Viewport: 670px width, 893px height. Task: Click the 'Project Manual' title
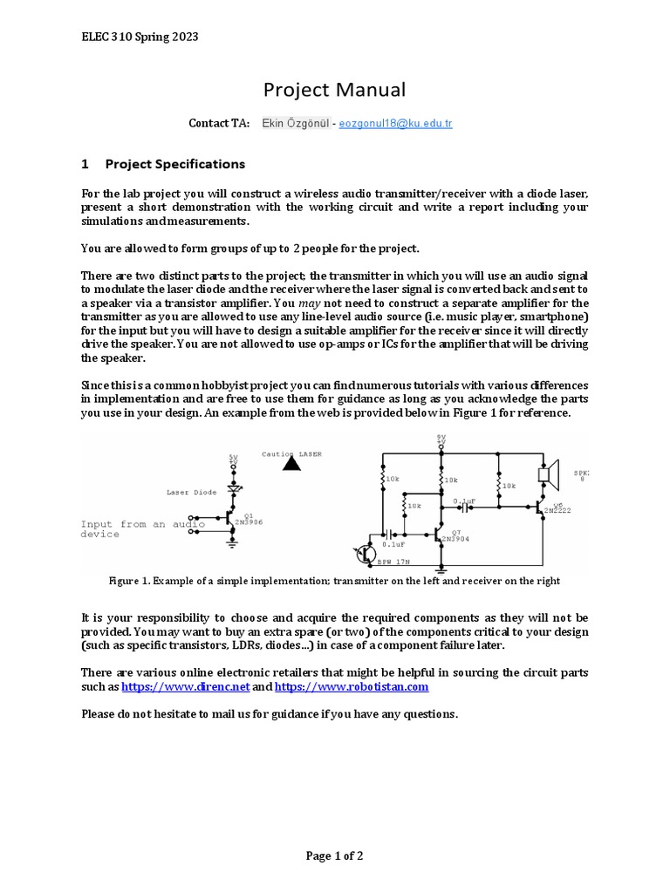point(335,90)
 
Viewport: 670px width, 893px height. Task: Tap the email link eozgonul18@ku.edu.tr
point(395,124)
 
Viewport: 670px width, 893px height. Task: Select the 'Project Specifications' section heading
point(174,164)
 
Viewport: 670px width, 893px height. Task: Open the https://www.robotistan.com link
point(352,687)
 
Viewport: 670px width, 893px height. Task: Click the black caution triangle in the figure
point(292,464)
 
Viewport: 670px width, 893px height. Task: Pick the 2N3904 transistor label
point(455,540)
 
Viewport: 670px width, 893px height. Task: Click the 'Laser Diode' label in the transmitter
point(191,493)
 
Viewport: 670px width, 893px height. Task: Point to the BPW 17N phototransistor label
point(394,562)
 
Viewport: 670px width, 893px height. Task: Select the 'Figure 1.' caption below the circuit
point(334,581)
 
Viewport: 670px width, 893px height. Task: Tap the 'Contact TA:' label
point(219,124)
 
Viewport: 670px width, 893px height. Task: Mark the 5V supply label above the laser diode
point(233,460)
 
